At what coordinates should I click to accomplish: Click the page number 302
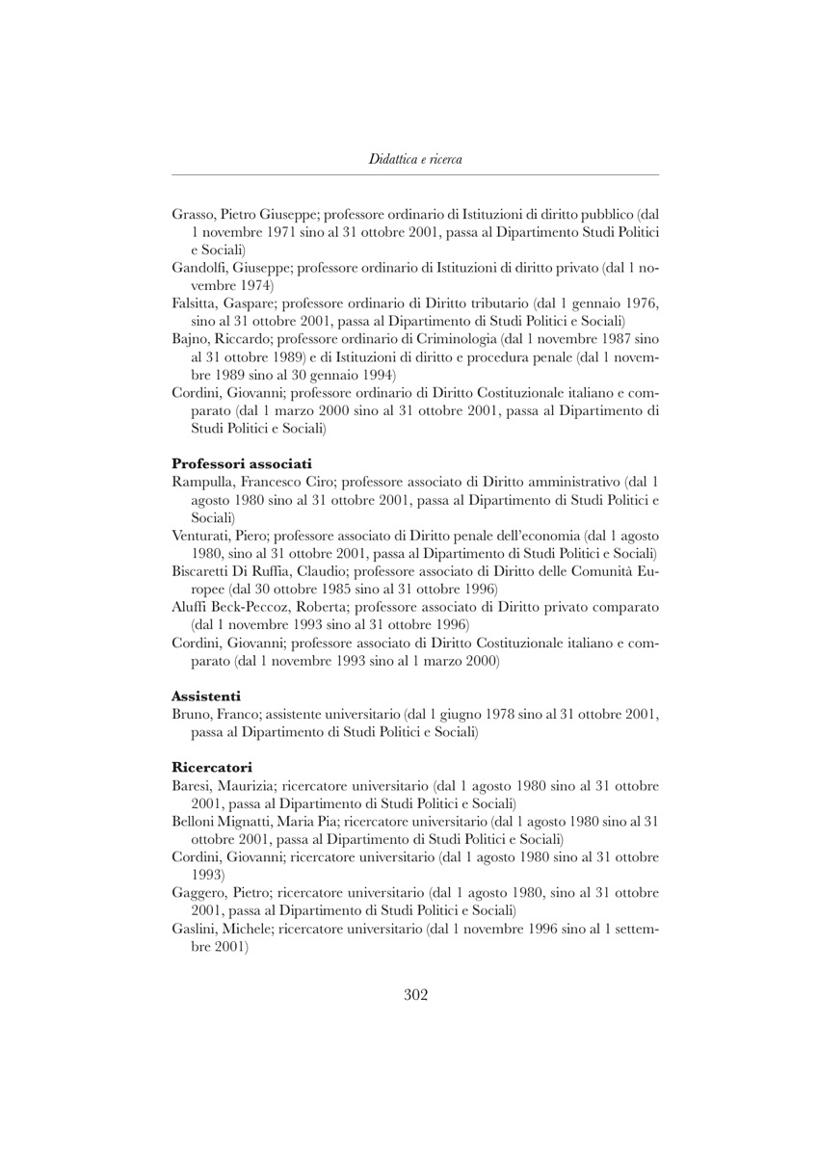coord(415,995)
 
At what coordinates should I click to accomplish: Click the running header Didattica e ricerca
coord(415,159)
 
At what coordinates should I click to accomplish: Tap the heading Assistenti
coord(206,695)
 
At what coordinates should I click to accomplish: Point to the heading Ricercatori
coord(212,767)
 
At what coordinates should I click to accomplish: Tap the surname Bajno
coord(190,339)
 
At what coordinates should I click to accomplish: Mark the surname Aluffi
coord(191,607)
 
